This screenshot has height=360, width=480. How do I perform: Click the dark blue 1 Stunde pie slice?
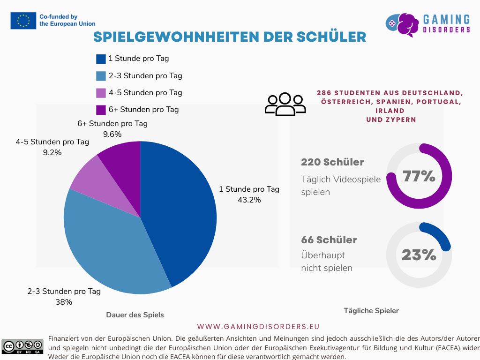coord(183,211)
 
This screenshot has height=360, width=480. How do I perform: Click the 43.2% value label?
coord(249,200)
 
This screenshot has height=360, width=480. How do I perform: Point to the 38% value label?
coord(64,302)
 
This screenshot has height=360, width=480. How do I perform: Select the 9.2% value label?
coord(52,152)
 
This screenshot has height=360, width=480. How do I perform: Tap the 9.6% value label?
coord(112,134)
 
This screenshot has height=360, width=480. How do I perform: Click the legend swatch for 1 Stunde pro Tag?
coord(101,59)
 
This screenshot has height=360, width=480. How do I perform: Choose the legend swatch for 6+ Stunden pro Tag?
coord(101,110)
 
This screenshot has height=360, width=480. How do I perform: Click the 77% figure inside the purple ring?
coord(419,177)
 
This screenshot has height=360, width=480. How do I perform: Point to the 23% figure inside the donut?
coord(419,255)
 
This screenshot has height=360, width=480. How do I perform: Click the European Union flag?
coord(23,21)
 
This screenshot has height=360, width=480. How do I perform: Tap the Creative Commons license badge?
coord(22,346)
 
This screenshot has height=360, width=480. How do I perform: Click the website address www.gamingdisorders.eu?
coord(258,326)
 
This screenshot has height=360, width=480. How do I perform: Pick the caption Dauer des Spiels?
coord(135,315)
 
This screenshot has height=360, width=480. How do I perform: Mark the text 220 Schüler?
coord(332,162)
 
